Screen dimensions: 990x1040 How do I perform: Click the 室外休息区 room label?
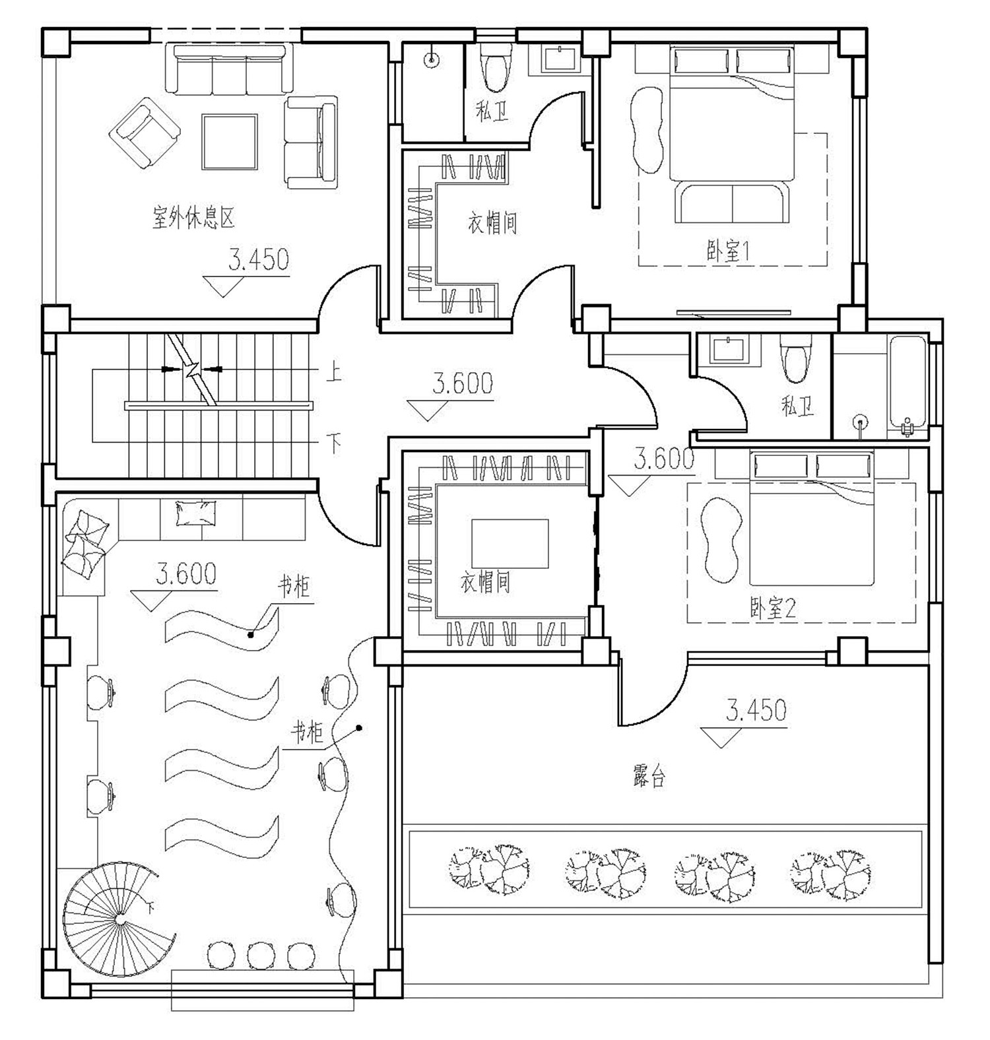click(194, 218)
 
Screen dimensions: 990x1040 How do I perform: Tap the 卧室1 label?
click(729, 251)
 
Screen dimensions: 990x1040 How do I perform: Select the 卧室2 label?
click(773, 608)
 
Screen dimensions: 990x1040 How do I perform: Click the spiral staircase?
click(119, 919)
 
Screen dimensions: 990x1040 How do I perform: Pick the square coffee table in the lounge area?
click(230, 142)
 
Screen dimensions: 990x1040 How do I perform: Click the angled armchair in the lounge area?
click(145, 133)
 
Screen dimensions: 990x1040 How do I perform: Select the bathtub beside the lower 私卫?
click(909, 386)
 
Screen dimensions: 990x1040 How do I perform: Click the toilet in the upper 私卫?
click(496, 67)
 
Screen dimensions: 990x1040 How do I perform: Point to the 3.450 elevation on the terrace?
click(756, 710)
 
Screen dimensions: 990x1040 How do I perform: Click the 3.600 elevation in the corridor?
click(463, 383)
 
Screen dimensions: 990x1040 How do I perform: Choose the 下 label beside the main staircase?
click(335, 443)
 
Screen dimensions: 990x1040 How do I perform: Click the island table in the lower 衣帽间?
click(510, 544)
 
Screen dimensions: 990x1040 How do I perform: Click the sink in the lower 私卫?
click(729, 350)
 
